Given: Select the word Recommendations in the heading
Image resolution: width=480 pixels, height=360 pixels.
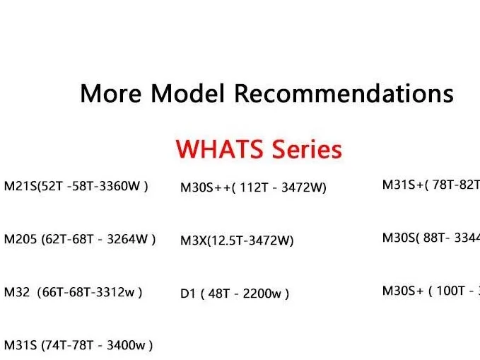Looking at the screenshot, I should point(344,93).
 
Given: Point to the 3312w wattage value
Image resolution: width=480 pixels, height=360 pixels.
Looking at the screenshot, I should point(117,292).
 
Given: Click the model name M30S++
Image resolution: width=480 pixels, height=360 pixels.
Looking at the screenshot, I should point(203,187).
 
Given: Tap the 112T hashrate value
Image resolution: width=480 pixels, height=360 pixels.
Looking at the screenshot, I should point(252,187).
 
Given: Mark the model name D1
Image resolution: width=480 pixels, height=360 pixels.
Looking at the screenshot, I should point(188,294).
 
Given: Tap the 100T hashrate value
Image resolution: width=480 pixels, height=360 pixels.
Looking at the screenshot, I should point(450,291).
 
